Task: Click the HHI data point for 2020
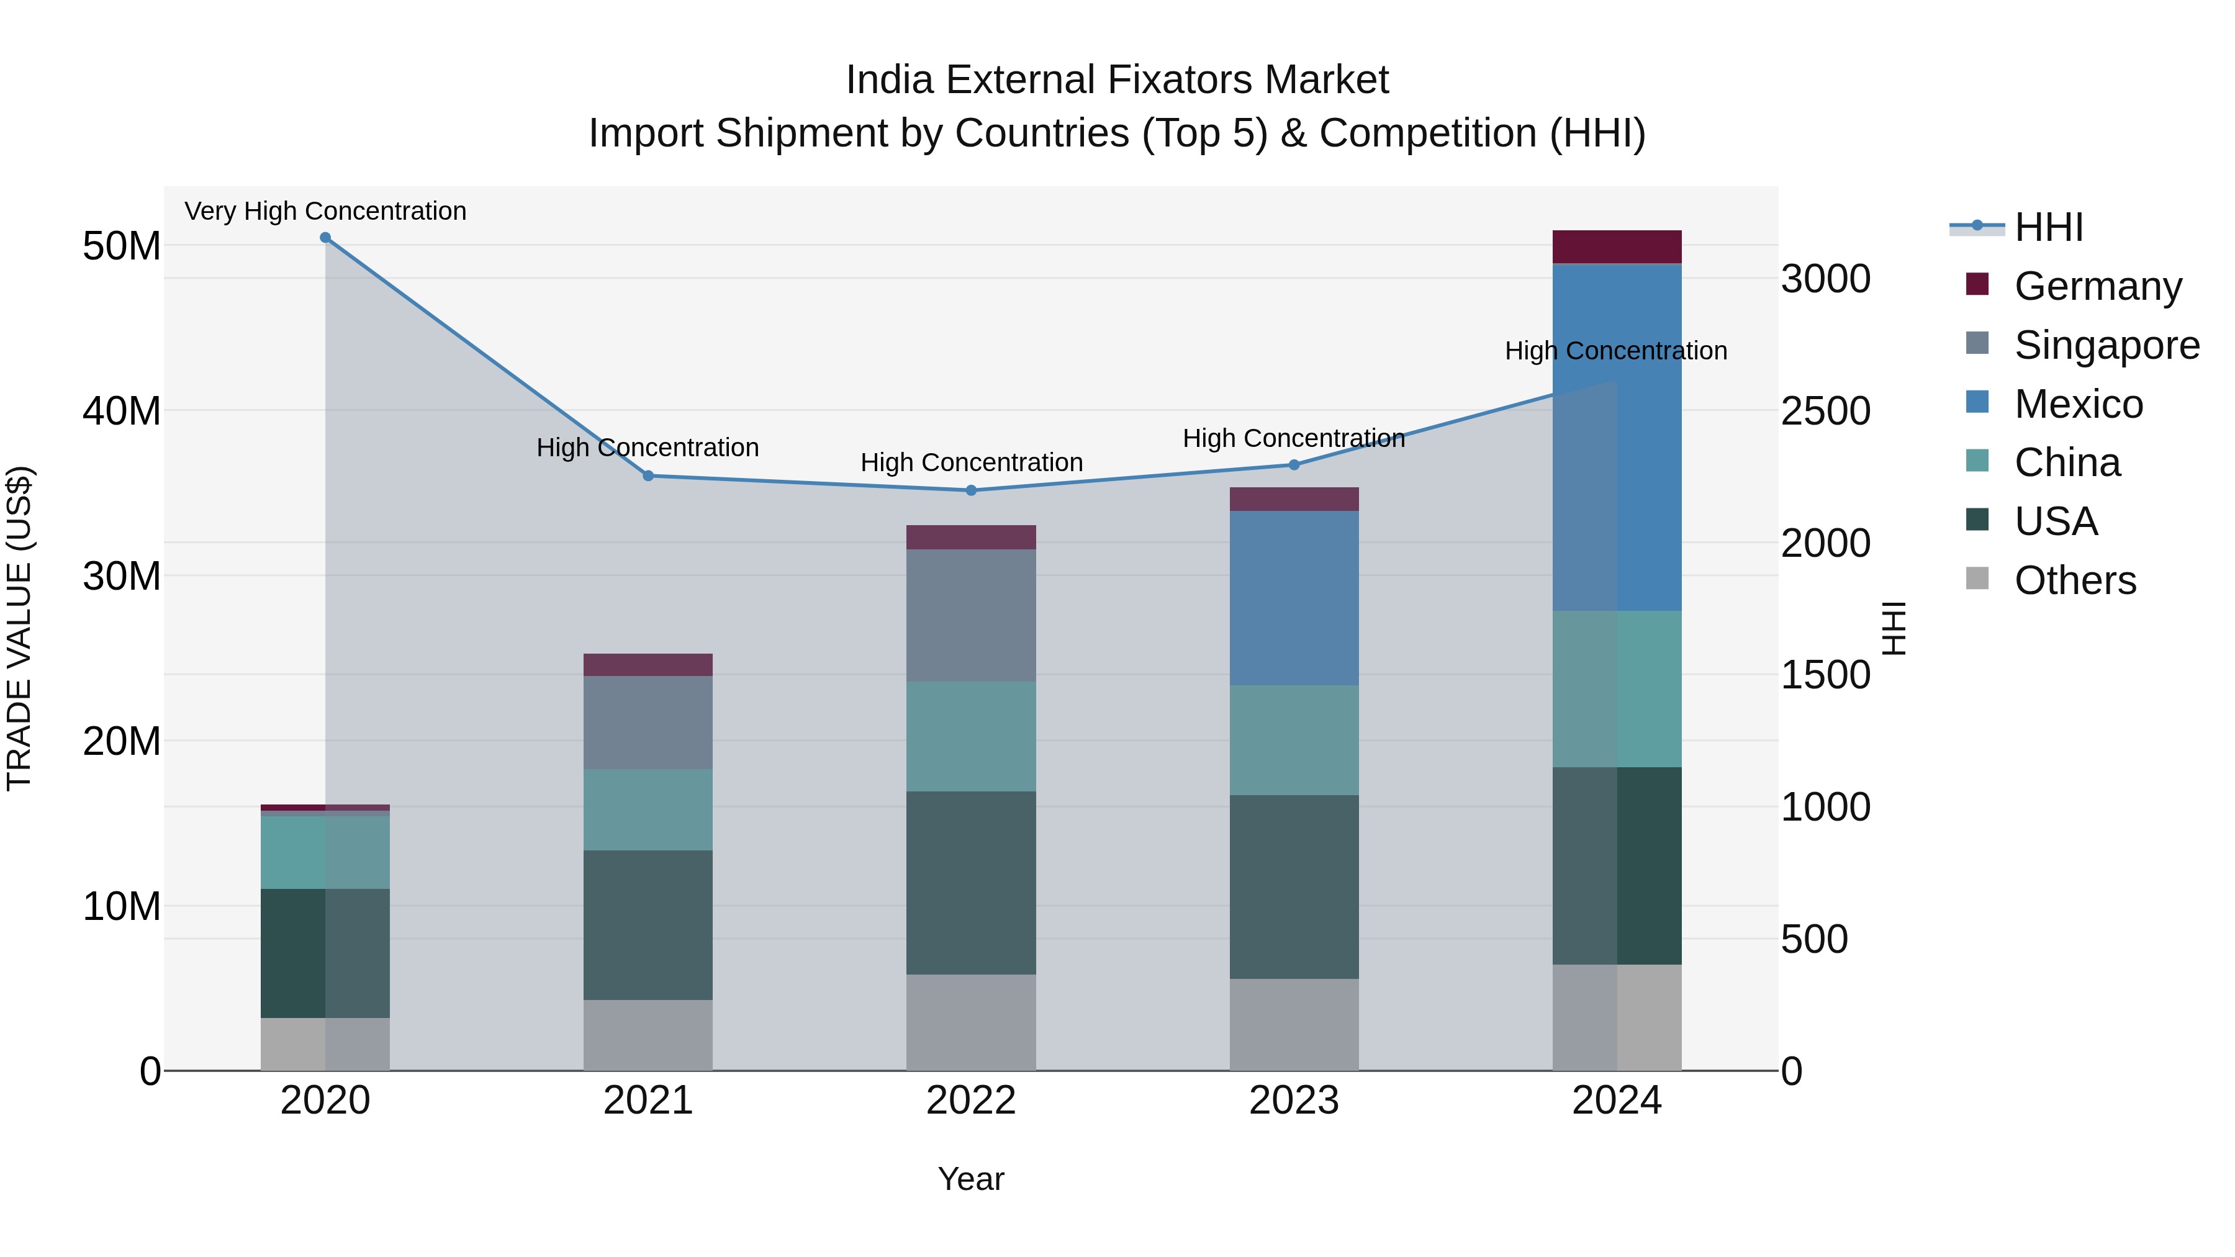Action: pyautogui.click(x=325, y=238)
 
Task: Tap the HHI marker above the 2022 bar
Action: pyautogui.click(x=971, y=490)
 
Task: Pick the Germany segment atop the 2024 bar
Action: pyautogui.click(x=1617, y=247)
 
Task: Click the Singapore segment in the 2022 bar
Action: pyautogui.click(x=971, y=615)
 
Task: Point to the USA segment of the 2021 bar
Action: pyautogui.click(x=648, y=925)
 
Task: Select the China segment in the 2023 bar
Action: pyautogui.click(x=1294, y=740)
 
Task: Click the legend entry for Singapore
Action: pyautogui.click(x=2106, y=345)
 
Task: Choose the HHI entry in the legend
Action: pyautogui.click(x=2048, y=227)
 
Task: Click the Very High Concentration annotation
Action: pyautogui.click(x=325, y=211)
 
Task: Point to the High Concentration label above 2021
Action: pyautogui.click(x=648, y=448)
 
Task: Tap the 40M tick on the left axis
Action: pyautogui.click(x=122, y=410)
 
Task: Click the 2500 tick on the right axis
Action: pyautogui.click(x=1825, y=411)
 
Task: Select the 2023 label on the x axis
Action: pyautogui.click(x=1294, y=1101)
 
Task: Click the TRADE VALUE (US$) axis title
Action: pyautogui.click(x=19, y=628)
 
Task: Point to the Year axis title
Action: pyautogui.click(x=971, y=1179)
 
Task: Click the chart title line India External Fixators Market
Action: pyautogui.click(x=1117, y=80)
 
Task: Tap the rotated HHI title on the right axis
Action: pyautogui.click(x=1895, y=628)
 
